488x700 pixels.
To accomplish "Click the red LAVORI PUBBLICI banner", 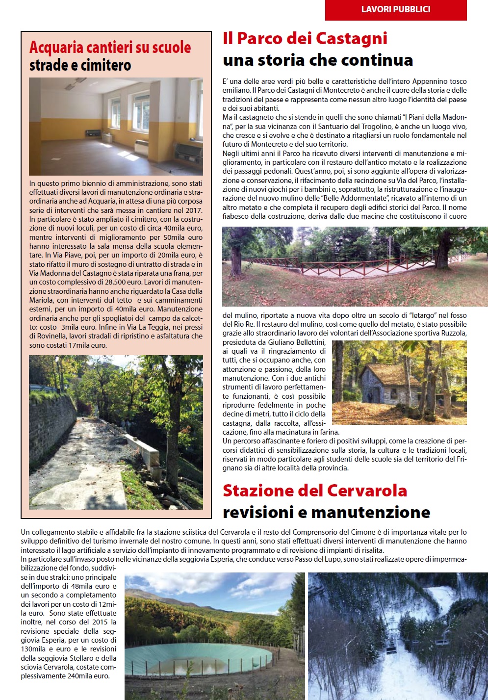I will click(396, 9).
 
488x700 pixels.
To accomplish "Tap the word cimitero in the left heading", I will click(106, 65).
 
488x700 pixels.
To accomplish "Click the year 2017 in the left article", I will click(194, 210).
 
